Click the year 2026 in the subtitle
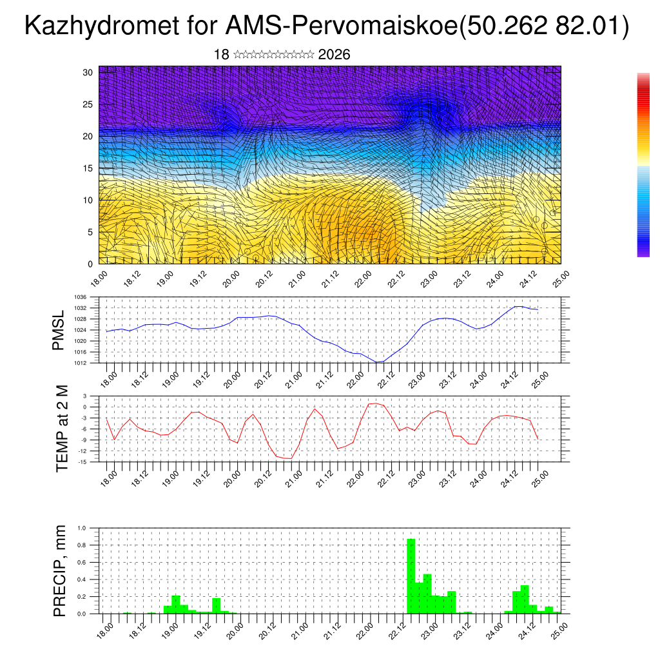pos(334,55)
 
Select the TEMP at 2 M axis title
pos(62,428)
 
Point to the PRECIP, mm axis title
pos(60,570)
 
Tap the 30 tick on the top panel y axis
pos(88,72)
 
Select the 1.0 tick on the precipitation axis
pos(82,528)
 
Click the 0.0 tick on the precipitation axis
pos(82,614)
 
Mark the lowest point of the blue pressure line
pos(378,362)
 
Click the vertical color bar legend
pos(643,165)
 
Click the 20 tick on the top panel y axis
pos(88,136)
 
